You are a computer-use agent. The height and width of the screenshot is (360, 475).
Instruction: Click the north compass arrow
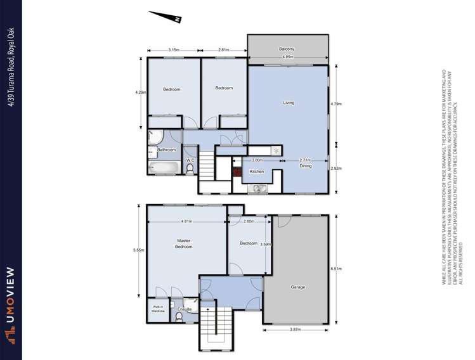pyautogui.click(x=166, y=16)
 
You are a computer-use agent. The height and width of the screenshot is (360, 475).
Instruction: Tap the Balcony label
pyautogui.click(x=287, y=49)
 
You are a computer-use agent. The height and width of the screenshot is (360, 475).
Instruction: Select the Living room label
pyautogui.click(x=289, y=103)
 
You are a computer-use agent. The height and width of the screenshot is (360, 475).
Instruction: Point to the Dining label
pyautogui.click(x=306, y=166)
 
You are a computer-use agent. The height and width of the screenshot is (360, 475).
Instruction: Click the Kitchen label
pyautogui.click(x=256, y=172)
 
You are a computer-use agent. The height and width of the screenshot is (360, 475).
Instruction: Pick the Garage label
pyautogui.click(x=297, y=287)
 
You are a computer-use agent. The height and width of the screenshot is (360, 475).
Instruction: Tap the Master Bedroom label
pyautogui.click(x=183, y=243)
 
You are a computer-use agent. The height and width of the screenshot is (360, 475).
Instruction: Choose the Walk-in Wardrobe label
pyautogui.click(x=158, y=309)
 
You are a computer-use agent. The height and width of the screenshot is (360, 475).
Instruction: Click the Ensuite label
pyautogui.click(x=184, y=309)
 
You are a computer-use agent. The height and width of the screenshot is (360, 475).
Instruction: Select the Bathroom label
pyautogui.click(x=166, y=150)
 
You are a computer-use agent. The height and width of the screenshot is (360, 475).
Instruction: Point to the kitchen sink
pyautogui.click(x=259, y=188)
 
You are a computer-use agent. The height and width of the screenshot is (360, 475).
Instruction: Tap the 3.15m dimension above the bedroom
pyautogui.click(x=173, y=49)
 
